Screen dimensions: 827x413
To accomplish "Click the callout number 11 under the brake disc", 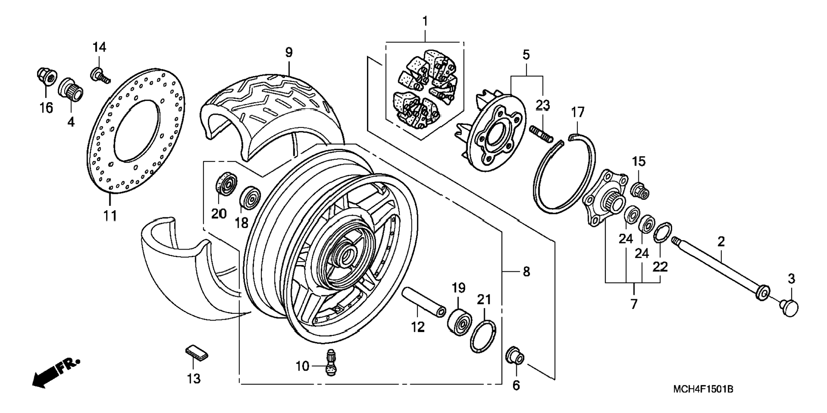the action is pyautogui.click(x=110, y=215).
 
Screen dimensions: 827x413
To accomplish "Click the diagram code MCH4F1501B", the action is pyautogui.click(x=703, y=389).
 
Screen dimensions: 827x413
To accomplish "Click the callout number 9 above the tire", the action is pyautogui.click(x=289, y=53).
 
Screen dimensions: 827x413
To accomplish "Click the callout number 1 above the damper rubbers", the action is pyautogui.click(x=425, y=21).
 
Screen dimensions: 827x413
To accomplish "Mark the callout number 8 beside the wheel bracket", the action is pyautogui.click(x=526, y=272).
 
